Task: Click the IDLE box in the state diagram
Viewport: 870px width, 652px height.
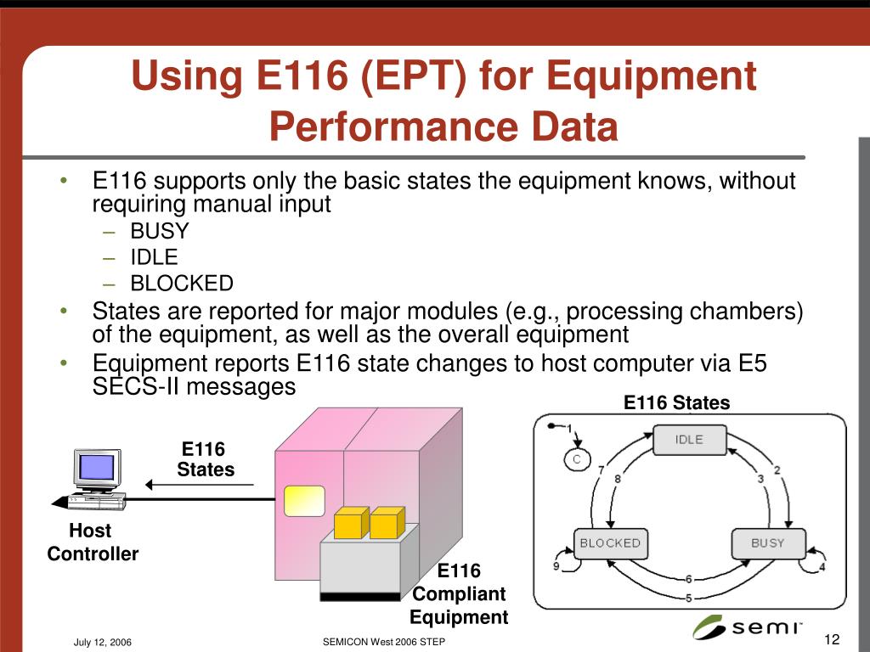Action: point(689,440)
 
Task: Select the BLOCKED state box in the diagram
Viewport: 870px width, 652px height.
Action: point(610,543)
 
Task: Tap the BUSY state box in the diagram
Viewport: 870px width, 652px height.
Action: point(767,543)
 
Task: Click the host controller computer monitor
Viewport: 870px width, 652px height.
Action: point(96,468)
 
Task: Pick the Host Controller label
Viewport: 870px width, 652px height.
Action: point(92,542)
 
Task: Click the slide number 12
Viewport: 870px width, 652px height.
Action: point(832,639)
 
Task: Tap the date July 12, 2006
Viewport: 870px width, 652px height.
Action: point(102,643)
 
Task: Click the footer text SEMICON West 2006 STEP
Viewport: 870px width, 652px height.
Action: point(384,643)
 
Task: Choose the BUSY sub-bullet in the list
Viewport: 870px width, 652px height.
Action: point(160,231)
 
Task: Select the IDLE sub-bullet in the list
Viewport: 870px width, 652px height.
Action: point(154,257)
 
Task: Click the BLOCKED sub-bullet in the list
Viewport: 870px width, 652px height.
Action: point(181,284)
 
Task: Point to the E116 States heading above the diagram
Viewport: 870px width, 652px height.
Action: point(676,402)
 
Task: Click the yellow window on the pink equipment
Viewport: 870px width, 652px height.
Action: point(305,501)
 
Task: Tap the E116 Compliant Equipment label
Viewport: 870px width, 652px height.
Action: point(459,593)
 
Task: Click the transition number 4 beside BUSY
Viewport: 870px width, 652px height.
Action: point(822,567)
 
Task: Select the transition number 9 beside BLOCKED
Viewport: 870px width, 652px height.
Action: point(556,567)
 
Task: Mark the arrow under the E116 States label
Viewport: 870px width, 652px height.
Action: point(200,485)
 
